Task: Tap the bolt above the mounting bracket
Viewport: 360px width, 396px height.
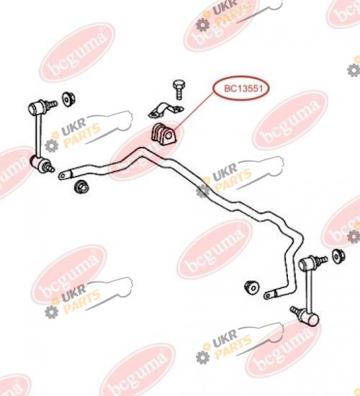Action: click(179, 89)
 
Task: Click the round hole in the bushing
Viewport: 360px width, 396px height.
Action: click(169, 136)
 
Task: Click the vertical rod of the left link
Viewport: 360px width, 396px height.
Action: click(38, 135)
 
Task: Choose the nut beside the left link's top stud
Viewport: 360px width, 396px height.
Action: click(68, 99)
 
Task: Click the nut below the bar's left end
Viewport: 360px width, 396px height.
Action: click(82, 187)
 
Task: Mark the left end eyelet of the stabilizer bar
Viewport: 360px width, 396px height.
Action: click(65, 175)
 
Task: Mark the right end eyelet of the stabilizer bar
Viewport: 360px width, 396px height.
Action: click(270, 294)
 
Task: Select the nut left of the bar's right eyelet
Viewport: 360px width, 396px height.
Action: click(251, 287)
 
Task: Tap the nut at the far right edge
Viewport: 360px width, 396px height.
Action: click(338, 256)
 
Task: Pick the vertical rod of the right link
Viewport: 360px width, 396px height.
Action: click(308, 290)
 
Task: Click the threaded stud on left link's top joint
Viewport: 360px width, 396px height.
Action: click(52, 104)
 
